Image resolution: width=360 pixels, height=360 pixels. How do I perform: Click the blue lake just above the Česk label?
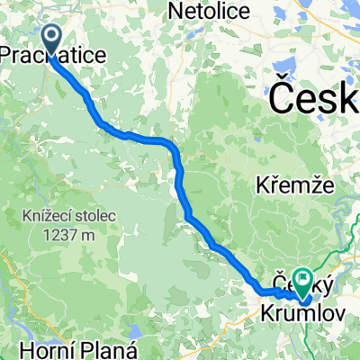coord(291,67)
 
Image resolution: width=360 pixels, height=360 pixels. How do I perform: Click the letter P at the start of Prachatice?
coord(5,56)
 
